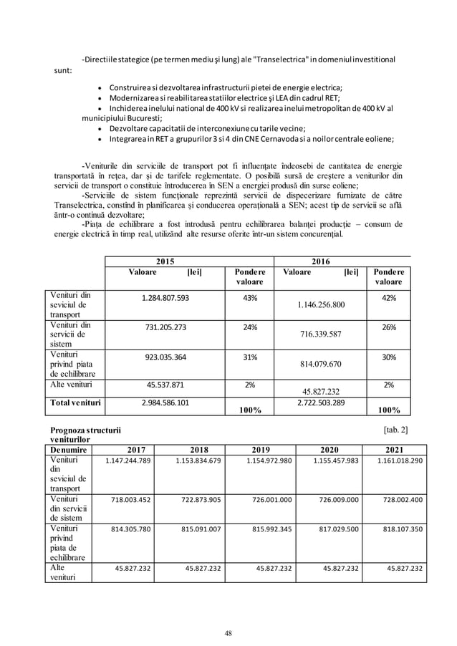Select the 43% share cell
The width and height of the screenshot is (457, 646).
point(250,297)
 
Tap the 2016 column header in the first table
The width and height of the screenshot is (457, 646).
point(321,261)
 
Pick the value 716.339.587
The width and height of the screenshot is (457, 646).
point(321,334)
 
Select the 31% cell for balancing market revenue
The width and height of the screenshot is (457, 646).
point(250,357)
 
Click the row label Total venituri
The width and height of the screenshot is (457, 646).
point(74,403)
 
